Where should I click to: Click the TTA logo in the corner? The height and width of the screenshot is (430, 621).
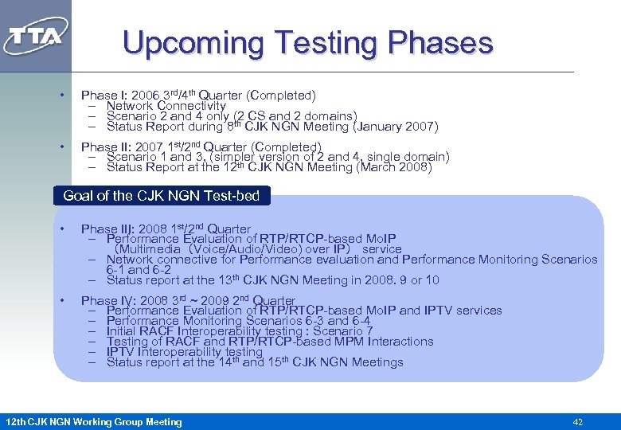click(x=36, y=36)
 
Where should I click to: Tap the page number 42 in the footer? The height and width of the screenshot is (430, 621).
click(x=578, y=422)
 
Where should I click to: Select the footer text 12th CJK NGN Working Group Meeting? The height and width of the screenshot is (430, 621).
click(x=93, y=422)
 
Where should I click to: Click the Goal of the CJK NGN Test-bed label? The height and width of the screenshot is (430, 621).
click(x=161, y=195)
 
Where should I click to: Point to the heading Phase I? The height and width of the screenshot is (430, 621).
click(x=100, y=96)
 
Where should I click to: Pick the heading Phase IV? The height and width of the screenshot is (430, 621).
click(x=103, y=301)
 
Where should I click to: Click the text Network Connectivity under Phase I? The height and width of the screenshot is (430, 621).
click(x=166, y=106)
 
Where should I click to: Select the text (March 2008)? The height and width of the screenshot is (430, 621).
click(x=395, y=167)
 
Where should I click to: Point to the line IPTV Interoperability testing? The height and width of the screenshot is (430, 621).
click(x=184, y=352)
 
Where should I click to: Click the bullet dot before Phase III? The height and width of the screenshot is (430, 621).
click(x=61, y=229)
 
